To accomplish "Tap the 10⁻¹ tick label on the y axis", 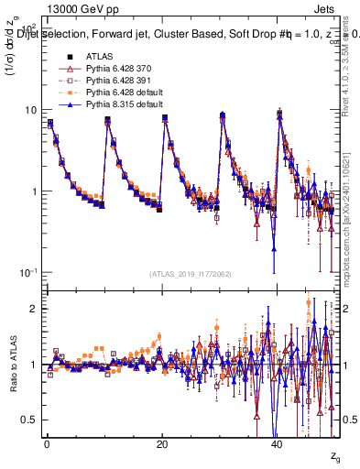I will [x=28, y=273].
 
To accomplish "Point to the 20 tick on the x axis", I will [x=161, y=442].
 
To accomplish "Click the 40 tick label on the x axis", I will [x=277, y=442].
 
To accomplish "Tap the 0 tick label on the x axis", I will [x=47, y=442].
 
